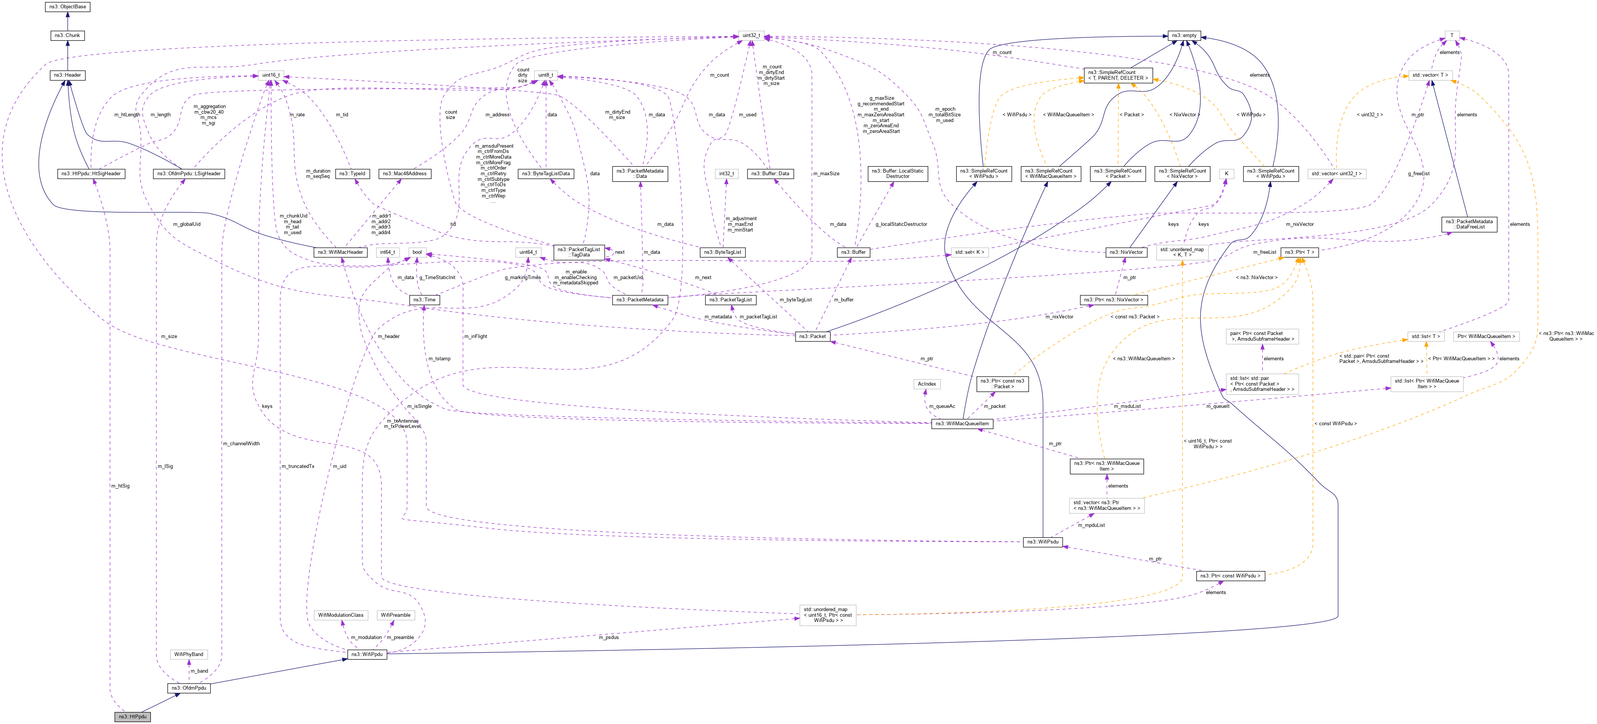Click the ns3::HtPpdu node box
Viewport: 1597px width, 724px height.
[133, 716]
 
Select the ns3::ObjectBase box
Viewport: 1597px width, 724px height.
[68, 7]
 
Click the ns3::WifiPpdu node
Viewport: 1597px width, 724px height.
[367, 654]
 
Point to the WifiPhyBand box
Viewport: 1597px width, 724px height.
[188, 654]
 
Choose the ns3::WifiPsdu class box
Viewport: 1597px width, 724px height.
[1043, 542]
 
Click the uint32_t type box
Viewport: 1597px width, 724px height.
[751, 36]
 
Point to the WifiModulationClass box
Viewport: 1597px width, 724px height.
[340, 615]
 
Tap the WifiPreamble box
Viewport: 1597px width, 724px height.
[395, 615]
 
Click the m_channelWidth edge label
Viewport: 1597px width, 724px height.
[241, 444]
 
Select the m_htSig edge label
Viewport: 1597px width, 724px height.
[120, 486]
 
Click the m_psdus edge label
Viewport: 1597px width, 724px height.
[608, 637]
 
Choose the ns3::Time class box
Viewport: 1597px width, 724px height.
[425, 299]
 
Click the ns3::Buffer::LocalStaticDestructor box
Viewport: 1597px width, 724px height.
[897, 174]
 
